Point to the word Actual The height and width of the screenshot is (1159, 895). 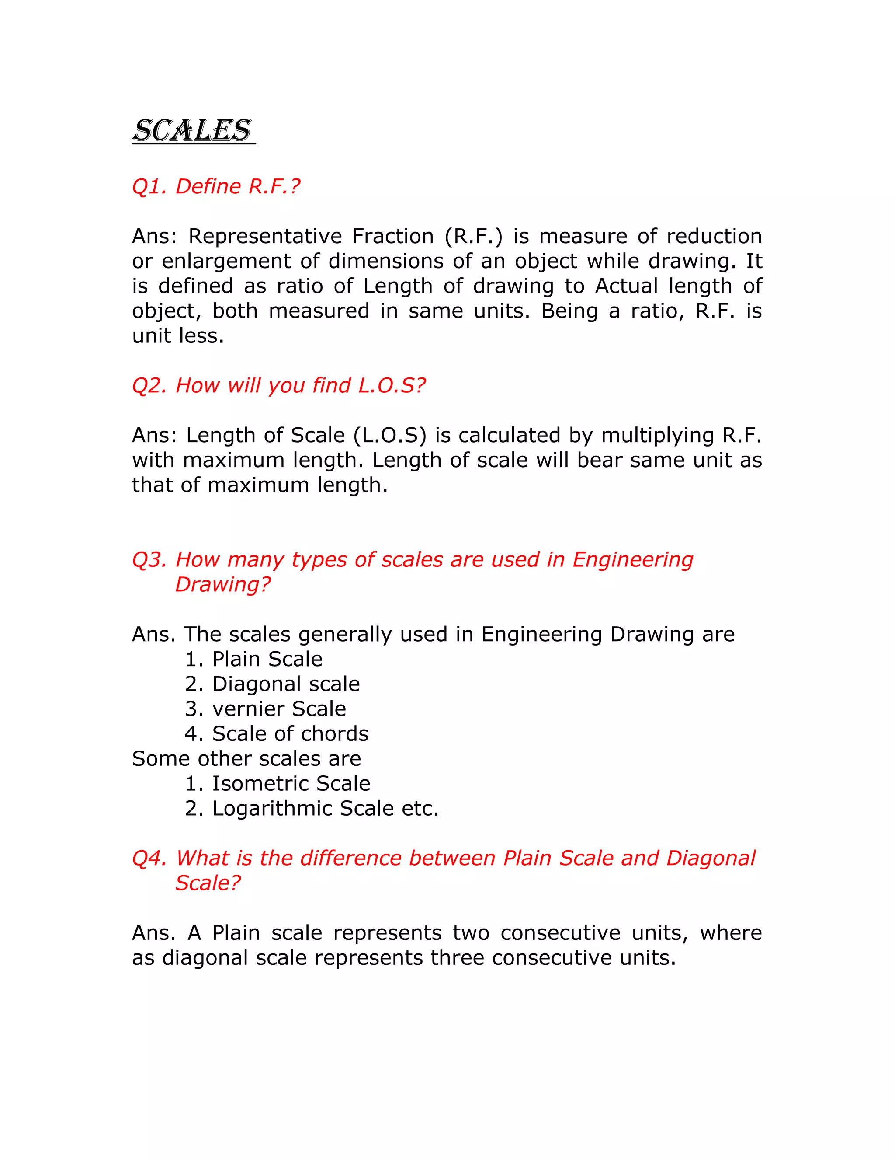(626, 286)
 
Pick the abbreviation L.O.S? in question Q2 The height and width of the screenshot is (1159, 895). (391, 385)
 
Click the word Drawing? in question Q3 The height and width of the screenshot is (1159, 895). (223, 584)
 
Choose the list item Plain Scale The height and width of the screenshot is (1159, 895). (267, 659)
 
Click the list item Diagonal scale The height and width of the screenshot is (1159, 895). (286, 684)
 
